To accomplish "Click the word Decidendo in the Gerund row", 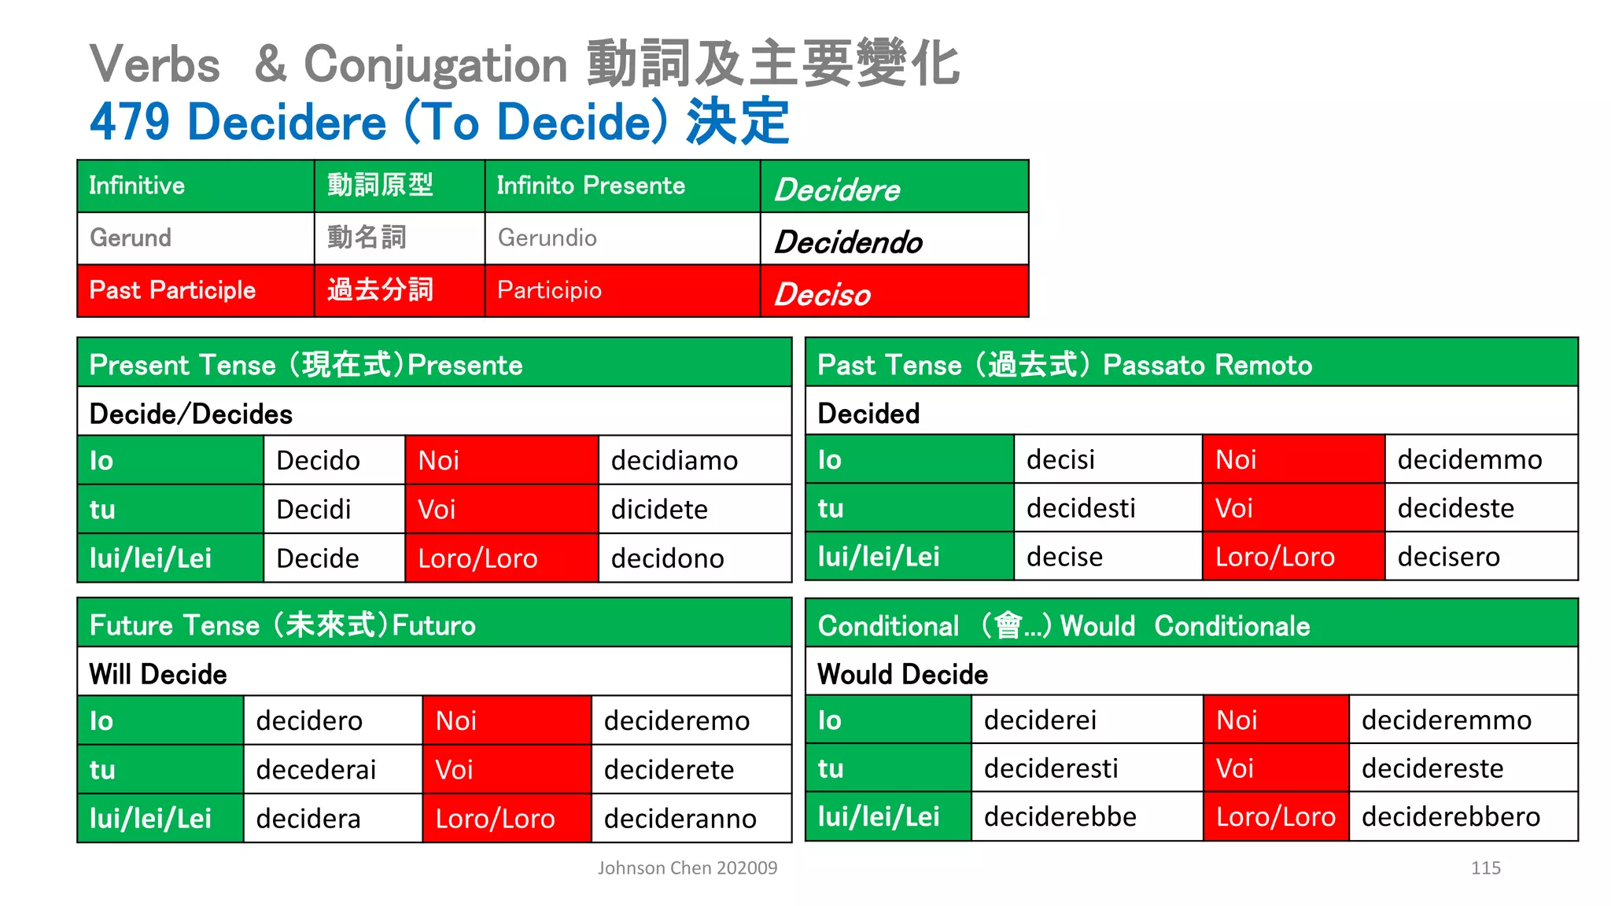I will pos(848,242).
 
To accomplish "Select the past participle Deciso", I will pos(822,295).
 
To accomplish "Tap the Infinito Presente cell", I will pos(591,186).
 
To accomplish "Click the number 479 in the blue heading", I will pos(129,122).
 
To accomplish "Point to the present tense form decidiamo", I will pos(674,461).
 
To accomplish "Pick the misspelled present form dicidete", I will pos(659,510).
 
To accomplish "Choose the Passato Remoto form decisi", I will pos(1060,460).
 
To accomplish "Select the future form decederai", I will pos(316,770).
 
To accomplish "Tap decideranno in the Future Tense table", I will pos(680,819).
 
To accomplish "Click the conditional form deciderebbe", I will pos(1060,817).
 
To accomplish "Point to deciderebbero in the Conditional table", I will pos(1451,817).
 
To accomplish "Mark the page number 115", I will pos(1485,868).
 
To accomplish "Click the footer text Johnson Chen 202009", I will pos(687,868).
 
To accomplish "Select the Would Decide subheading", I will pos(902,675).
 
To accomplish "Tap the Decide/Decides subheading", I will pos(190,414).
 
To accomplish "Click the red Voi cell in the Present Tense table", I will pos(501,510).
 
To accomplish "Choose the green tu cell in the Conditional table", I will pos(888,768).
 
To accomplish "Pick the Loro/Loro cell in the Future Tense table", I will pos(506,819).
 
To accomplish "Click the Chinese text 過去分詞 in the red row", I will pos(380,290).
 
